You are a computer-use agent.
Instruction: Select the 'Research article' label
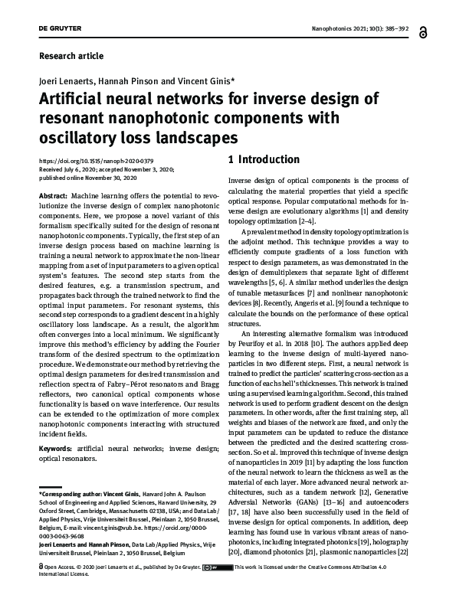(x=71, y=56)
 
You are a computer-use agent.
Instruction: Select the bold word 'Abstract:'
(x=53, y=197)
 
